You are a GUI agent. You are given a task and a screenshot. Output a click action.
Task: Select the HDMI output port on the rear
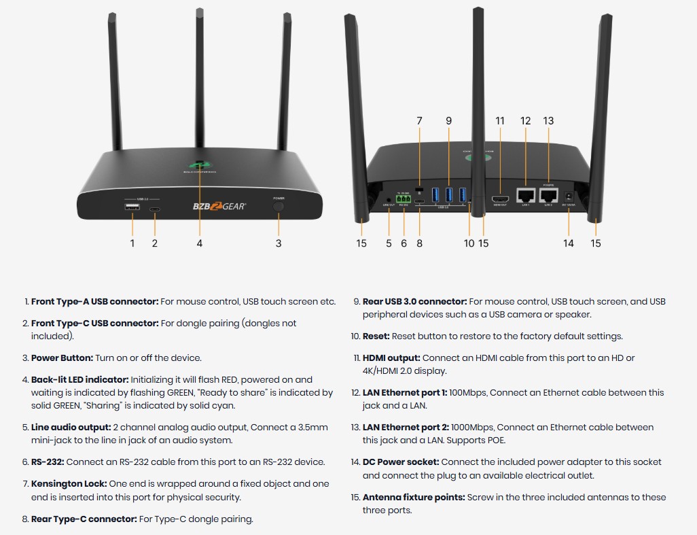click(500, 199)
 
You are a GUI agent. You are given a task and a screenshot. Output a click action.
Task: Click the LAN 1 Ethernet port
click(525, 196)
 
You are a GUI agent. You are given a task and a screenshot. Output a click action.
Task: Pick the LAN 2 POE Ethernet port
click(548, 196)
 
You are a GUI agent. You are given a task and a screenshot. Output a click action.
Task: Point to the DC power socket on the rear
click(568, 197)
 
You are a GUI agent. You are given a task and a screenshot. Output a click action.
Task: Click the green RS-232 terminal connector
click(404, 200)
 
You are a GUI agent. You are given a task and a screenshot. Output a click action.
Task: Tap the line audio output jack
click(389, 200)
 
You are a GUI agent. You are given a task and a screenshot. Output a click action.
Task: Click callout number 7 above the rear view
click(419, 121)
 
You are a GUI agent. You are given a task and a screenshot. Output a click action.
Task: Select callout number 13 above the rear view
click(548, 121)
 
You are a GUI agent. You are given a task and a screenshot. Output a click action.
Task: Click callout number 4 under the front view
click(200, 243)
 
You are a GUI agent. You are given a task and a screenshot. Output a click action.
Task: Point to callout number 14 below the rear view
click(569, 243)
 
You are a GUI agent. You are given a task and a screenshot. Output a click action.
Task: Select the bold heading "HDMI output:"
click(391, 358)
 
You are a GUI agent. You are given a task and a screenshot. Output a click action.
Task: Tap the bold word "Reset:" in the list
click(376, 336)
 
